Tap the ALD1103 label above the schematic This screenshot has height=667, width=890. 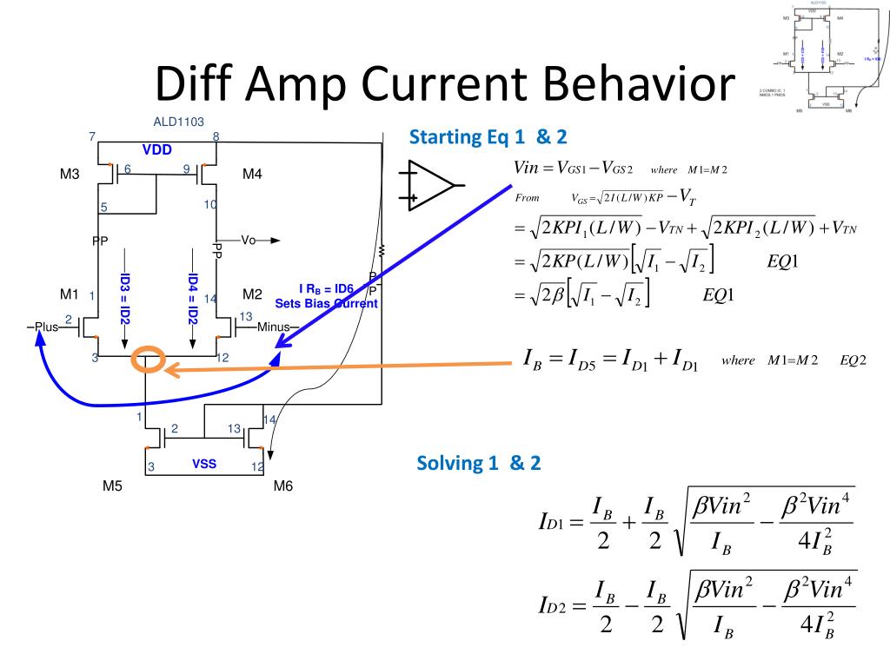[178, 122]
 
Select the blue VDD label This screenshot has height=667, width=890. [157, 149]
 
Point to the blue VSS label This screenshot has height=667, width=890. [204, 464]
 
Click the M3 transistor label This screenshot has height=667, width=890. [70, 175]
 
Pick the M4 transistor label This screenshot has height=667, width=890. [252, 175]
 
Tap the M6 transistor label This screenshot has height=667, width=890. [283, 486]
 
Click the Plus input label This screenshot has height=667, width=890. [45, 327]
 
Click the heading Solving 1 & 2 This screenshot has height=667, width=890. [479, 463]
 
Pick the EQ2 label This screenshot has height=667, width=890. [853, 360]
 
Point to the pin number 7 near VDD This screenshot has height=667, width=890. [92, 136]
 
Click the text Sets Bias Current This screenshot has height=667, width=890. [326, 304]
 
